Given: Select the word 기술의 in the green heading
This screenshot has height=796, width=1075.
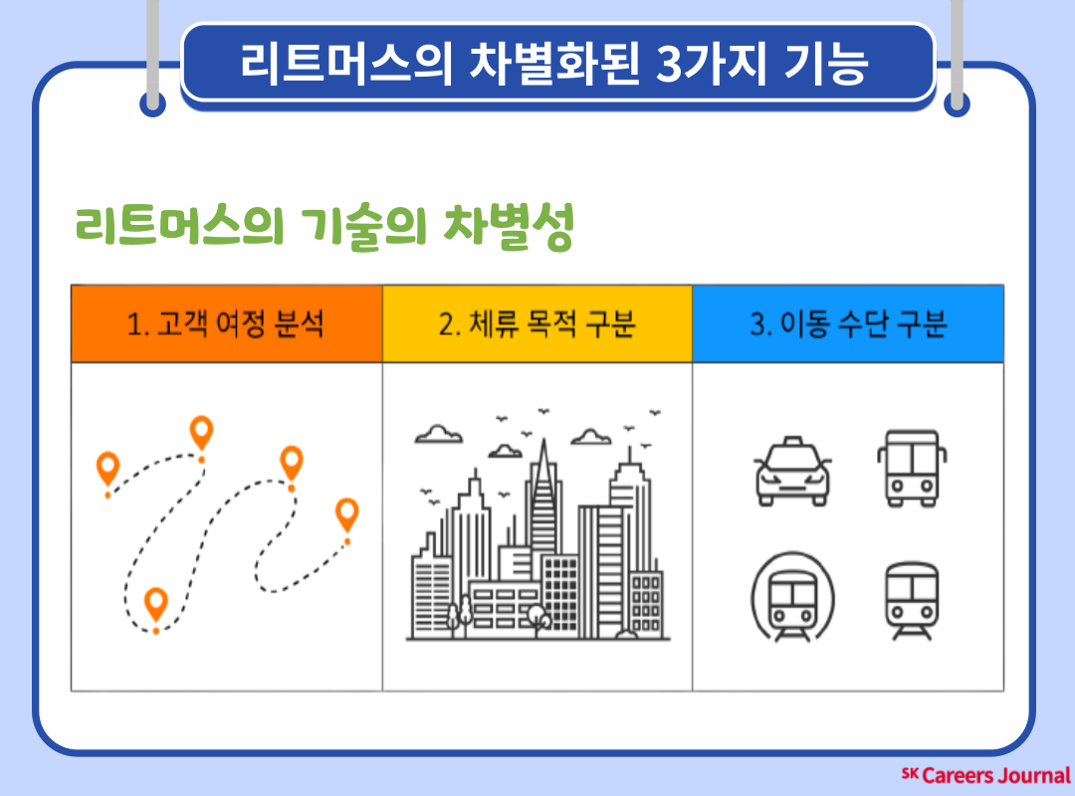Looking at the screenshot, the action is [363, 226].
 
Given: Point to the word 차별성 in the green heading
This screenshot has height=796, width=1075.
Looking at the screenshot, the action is [508, 226].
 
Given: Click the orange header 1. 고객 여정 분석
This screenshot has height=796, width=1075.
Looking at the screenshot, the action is [226, 323].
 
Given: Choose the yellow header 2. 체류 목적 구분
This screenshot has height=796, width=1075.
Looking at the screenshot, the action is [537, 323].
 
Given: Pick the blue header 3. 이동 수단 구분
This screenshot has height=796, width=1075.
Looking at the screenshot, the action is [848, 323].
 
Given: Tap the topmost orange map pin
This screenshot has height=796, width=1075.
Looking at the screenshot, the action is [201, 433].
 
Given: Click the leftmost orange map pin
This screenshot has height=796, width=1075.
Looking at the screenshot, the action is [107, 469].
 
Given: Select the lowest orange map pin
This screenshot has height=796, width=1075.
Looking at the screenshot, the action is [156, 604].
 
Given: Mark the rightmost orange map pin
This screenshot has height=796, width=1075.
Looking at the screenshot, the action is [347, 515].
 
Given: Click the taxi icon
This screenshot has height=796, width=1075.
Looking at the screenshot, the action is [792, 472].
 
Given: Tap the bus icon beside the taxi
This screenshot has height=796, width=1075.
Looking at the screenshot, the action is [912, 469].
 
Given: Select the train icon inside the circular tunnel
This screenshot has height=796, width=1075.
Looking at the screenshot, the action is [792, 596].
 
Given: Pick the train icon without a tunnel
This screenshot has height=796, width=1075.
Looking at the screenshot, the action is [912, 601].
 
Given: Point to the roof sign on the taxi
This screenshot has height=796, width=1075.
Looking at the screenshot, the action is [793, 440].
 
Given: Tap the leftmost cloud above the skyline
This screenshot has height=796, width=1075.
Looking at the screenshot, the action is [439, 434].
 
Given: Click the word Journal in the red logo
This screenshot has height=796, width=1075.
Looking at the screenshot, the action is [1033, 775].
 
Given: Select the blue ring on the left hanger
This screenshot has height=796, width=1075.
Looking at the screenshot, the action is [153, 104].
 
